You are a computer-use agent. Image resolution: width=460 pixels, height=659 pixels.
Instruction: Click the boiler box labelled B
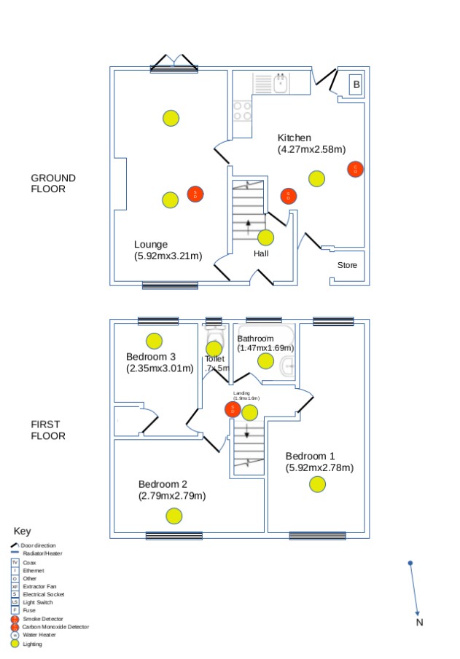[356, 84]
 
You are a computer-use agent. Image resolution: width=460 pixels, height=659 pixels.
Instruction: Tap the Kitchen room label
[295, 138]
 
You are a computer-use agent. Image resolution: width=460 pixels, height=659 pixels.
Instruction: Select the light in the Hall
[266, 237]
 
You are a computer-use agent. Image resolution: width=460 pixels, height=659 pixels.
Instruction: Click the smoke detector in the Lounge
[195, 194]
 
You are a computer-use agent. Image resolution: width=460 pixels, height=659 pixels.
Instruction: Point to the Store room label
[348, 265]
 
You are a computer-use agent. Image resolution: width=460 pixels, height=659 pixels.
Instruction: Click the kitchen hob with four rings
[243, 111]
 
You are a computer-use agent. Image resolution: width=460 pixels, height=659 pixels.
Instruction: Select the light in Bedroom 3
[155, 340]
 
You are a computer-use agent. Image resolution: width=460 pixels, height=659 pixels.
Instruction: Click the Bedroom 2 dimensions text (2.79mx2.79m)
[172, 496]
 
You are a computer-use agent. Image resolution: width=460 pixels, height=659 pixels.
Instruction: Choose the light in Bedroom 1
[317, 484]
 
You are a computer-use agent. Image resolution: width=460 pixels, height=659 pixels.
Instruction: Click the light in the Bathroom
[265, 360]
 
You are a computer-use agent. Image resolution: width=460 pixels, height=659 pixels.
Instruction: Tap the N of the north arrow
[419, 623]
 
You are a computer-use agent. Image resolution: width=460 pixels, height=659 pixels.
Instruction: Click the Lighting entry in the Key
[32, 644]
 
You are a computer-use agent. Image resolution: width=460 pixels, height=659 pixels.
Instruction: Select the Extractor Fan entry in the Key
[39, 586]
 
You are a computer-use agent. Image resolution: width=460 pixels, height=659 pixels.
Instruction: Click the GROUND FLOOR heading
[53, 184]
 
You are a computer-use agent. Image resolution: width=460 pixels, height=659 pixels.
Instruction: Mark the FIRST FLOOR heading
[48, 430]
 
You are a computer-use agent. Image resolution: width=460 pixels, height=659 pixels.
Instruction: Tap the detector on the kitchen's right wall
[355, 170]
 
